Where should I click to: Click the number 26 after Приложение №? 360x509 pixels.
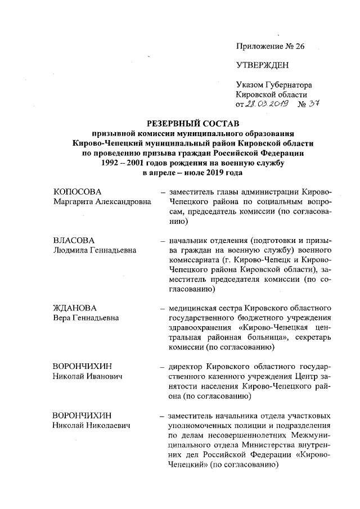click(298, 47)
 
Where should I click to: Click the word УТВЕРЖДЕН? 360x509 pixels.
click(262, 65)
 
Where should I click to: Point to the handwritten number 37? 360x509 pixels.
click(322, 104)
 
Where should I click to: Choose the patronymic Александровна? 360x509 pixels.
click(120, 202)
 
